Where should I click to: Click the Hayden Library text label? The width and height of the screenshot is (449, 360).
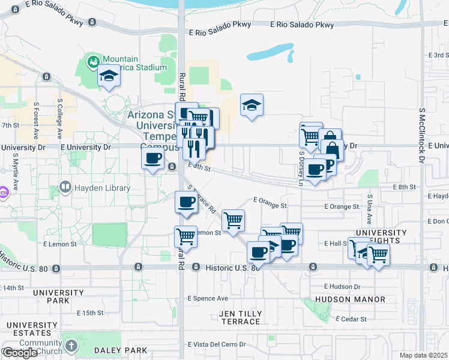(x=102, y=188)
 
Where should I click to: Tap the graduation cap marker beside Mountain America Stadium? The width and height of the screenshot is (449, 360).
(x=109, y=76)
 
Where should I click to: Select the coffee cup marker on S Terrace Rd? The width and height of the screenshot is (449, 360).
(x=186, y=202)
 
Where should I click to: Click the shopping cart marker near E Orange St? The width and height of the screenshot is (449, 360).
(x=233, y=220)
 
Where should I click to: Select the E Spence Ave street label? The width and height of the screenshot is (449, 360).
(x=208, y=298)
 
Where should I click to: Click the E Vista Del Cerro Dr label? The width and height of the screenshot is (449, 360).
(x=217, y=344)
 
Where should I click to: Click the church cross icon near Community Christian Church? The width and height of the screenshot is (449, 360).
(x=71, y=346)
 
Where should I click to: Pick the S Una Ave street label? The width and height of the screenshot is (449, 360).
(x=370, y=206)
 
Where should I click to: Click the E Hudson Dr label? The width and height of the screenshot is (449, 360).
(x=342, y=287)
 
